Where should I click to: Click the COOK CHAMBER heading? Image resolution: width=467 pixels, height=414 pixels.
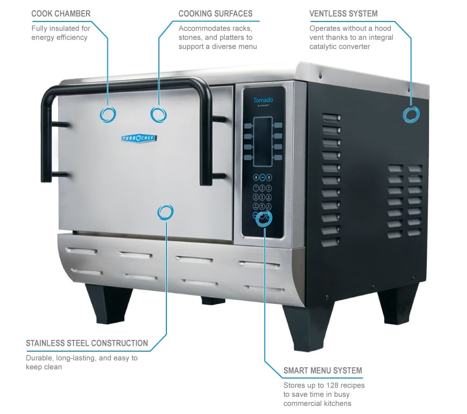(x=61, y=13)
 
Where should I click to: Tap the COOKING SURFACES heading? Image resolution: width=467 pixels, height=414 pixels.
(x=215, y=13)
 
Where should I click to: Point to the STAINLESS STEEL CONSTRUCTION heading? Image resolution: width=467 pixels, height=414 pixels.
(x=87, y=343)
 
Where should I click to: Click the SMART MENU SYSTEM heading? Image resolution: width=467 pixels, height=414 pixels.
(x=323, y=371)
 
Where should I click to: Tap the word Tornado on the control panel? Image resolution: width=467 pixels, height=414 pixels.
(x=263, y=100)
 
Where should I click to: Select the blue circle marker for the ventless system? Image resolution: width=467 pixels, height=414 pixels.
(x=412, y=114)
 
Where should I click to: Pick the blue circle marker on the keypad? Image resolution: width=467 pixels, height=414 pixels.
(x=264, y=219)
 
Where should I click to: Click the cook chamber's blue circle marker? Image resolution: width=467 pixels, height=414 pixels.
(x=108, y=114)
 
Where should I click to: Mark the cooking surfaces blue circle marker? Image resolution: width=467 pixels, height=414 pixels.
(x=158, y=114)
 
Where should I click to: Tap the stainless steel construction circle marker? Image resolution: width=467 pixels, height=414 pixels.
(x=165, y=212)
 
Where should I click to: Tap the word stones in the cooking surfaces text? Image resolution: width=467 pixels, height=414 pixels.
(x=188, y=38)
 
